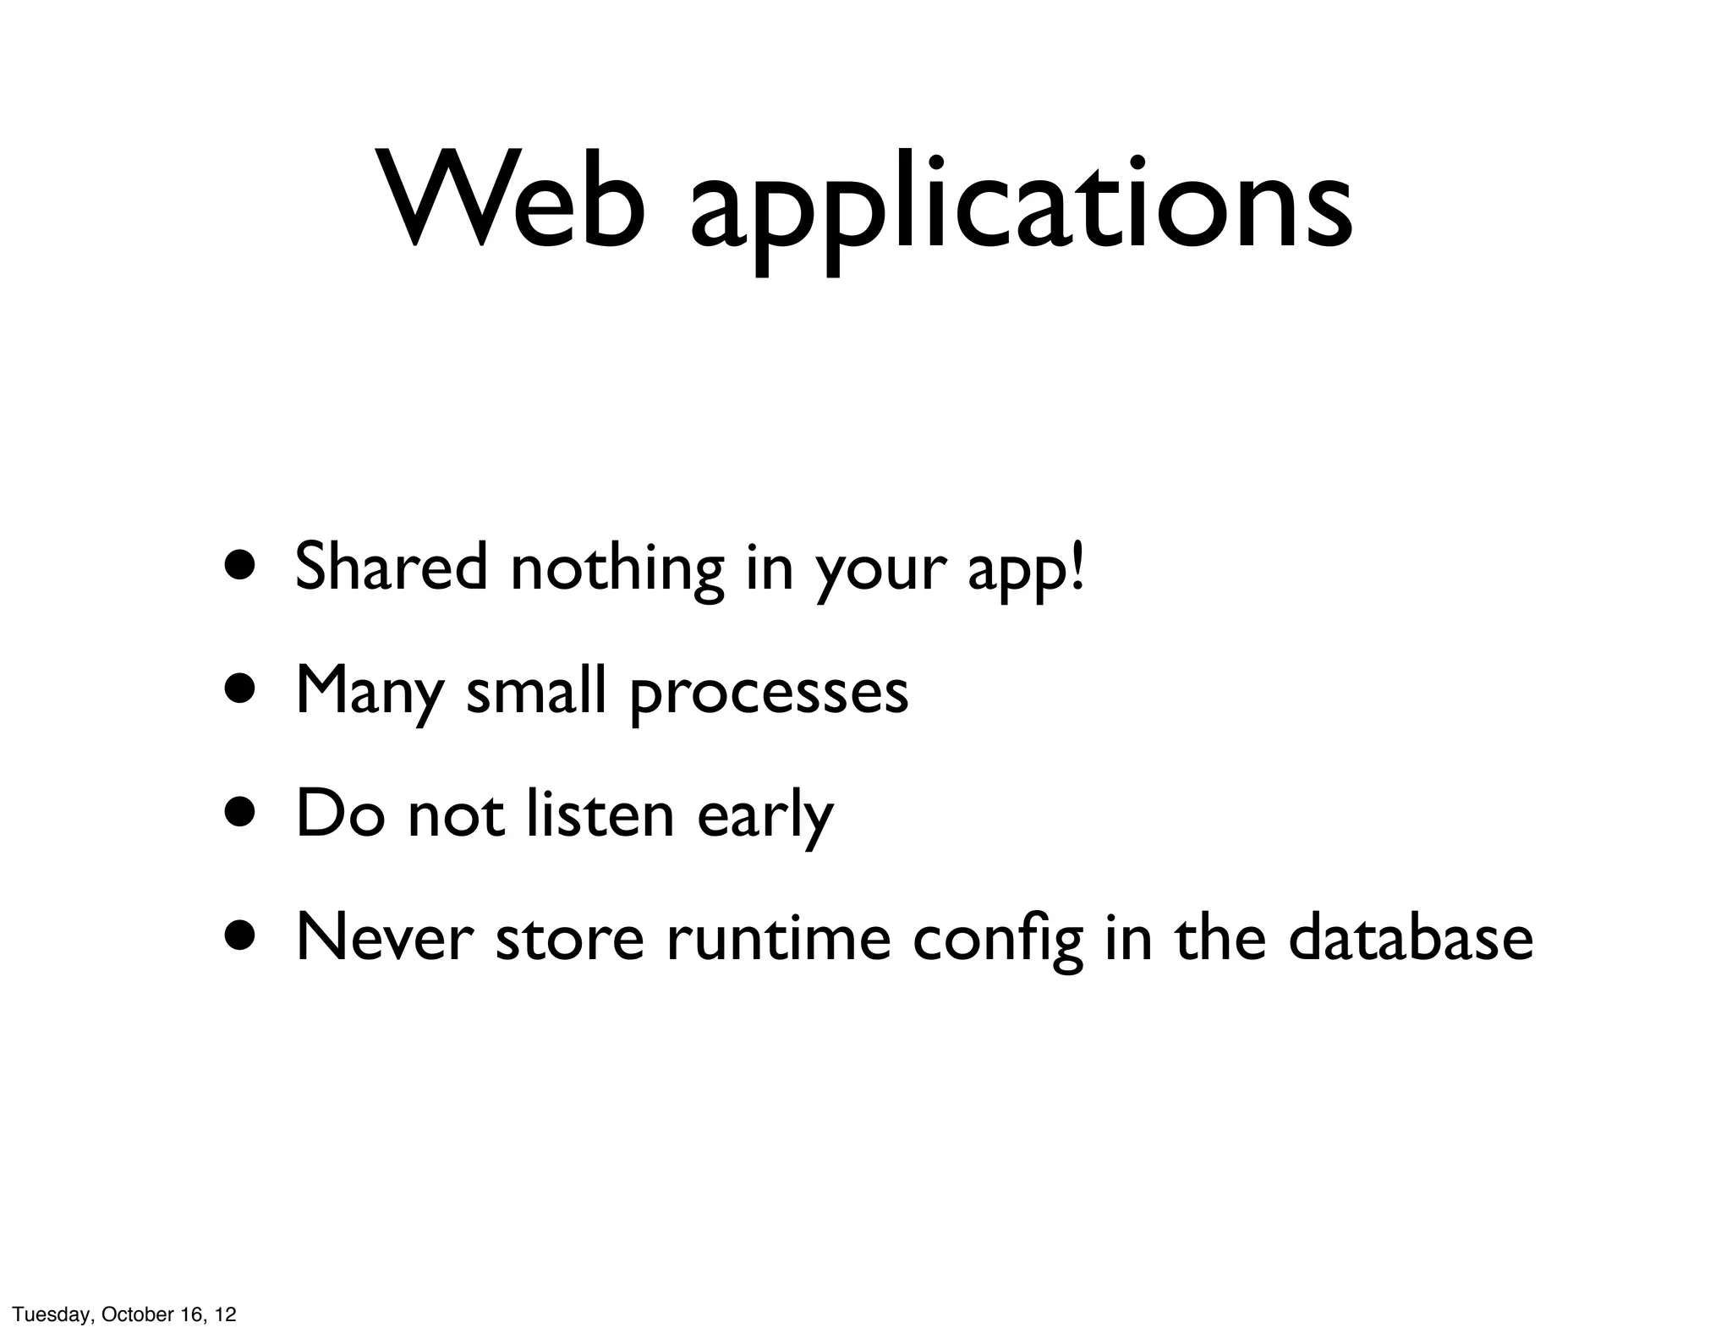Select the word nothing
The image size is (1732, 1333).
[617, 568]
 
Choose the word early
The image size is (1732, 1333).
[765, 816]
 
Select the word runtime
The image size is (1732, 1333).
[778, 937]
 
